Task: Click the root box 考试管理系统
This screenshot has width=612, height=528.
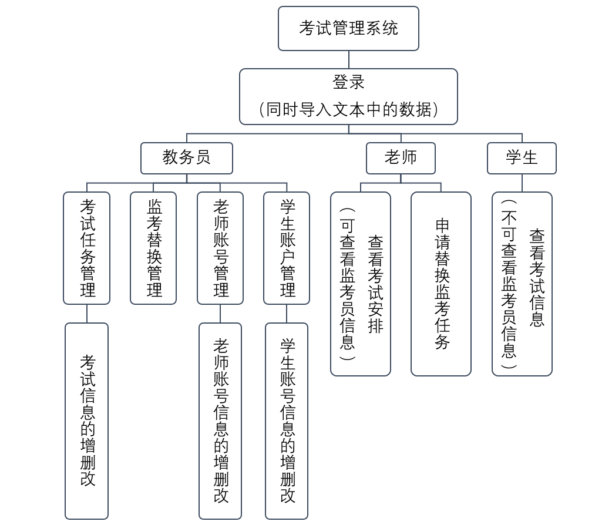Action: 348,28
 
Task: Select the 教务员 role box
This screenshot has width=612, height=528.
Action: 187,158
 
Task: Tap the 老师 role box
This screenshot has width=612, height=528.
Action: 401,158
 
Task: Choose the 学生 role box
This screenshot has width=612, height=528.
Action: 522,158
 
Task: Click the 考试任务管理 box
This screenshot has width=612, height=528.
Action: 87,248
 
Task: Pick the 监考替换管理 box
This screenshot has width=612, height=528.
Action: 153,248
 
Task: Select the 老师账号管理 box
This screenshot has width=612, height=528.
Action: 220,248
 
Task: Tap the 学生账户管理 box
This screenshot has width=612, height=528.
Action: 287,248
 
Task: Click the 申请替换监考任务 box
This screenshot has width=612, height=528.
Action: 441,284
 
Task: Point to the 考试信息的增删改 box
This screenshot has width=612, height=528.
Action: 87,421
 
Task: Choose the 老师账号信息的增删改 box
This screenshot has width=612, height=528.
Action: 220,421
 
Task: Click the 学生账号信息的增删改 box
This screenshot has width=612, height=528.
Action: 287,421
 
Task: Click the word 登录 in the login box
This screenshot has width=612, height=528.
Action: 348,82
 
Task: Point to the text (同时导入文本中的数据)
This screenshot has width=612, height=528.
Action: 348,110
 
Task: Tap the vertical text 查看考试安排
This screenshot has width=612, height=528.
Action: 375,284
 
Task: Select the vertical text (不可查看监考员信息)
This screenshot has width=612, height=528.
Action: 509,284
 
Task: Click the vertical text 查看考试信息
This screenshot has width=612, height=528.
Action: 537,277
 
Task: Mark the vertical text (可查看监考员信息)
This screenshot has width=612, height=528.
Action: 347,284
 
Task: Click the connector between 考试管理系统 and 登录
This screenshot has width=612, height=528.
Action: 348,60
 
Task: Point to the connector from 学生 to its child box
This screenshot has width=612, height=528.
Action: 522,183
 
